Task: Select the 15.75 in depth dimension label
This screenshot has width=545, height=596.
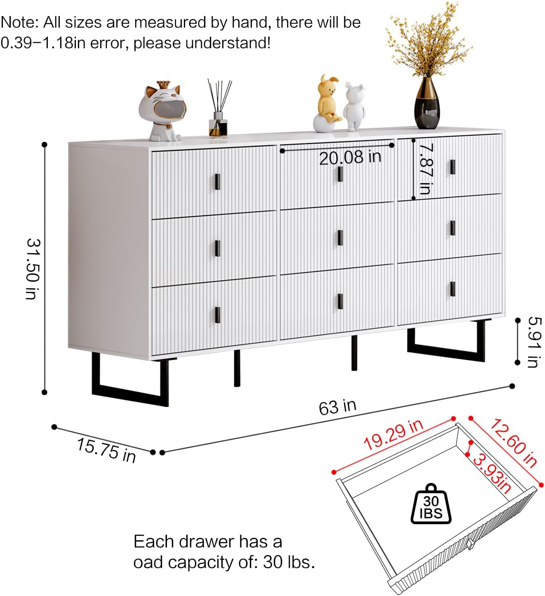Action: (106, 450)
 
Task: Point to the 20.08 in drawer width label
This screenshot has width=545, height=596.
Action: (350, 157)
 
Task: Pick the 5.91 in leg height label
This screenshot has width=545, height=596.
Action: (534, 342)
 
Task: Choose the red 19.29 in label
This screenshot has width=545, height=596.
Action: (393, 435)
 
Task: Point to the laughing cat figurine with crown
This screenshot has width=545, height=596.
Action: (162, 111)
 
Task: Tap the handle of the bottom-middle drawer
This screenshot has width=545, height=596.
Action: (340, 301)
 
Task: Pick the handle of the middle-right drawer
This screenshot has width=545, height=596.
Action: (453, 227)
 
